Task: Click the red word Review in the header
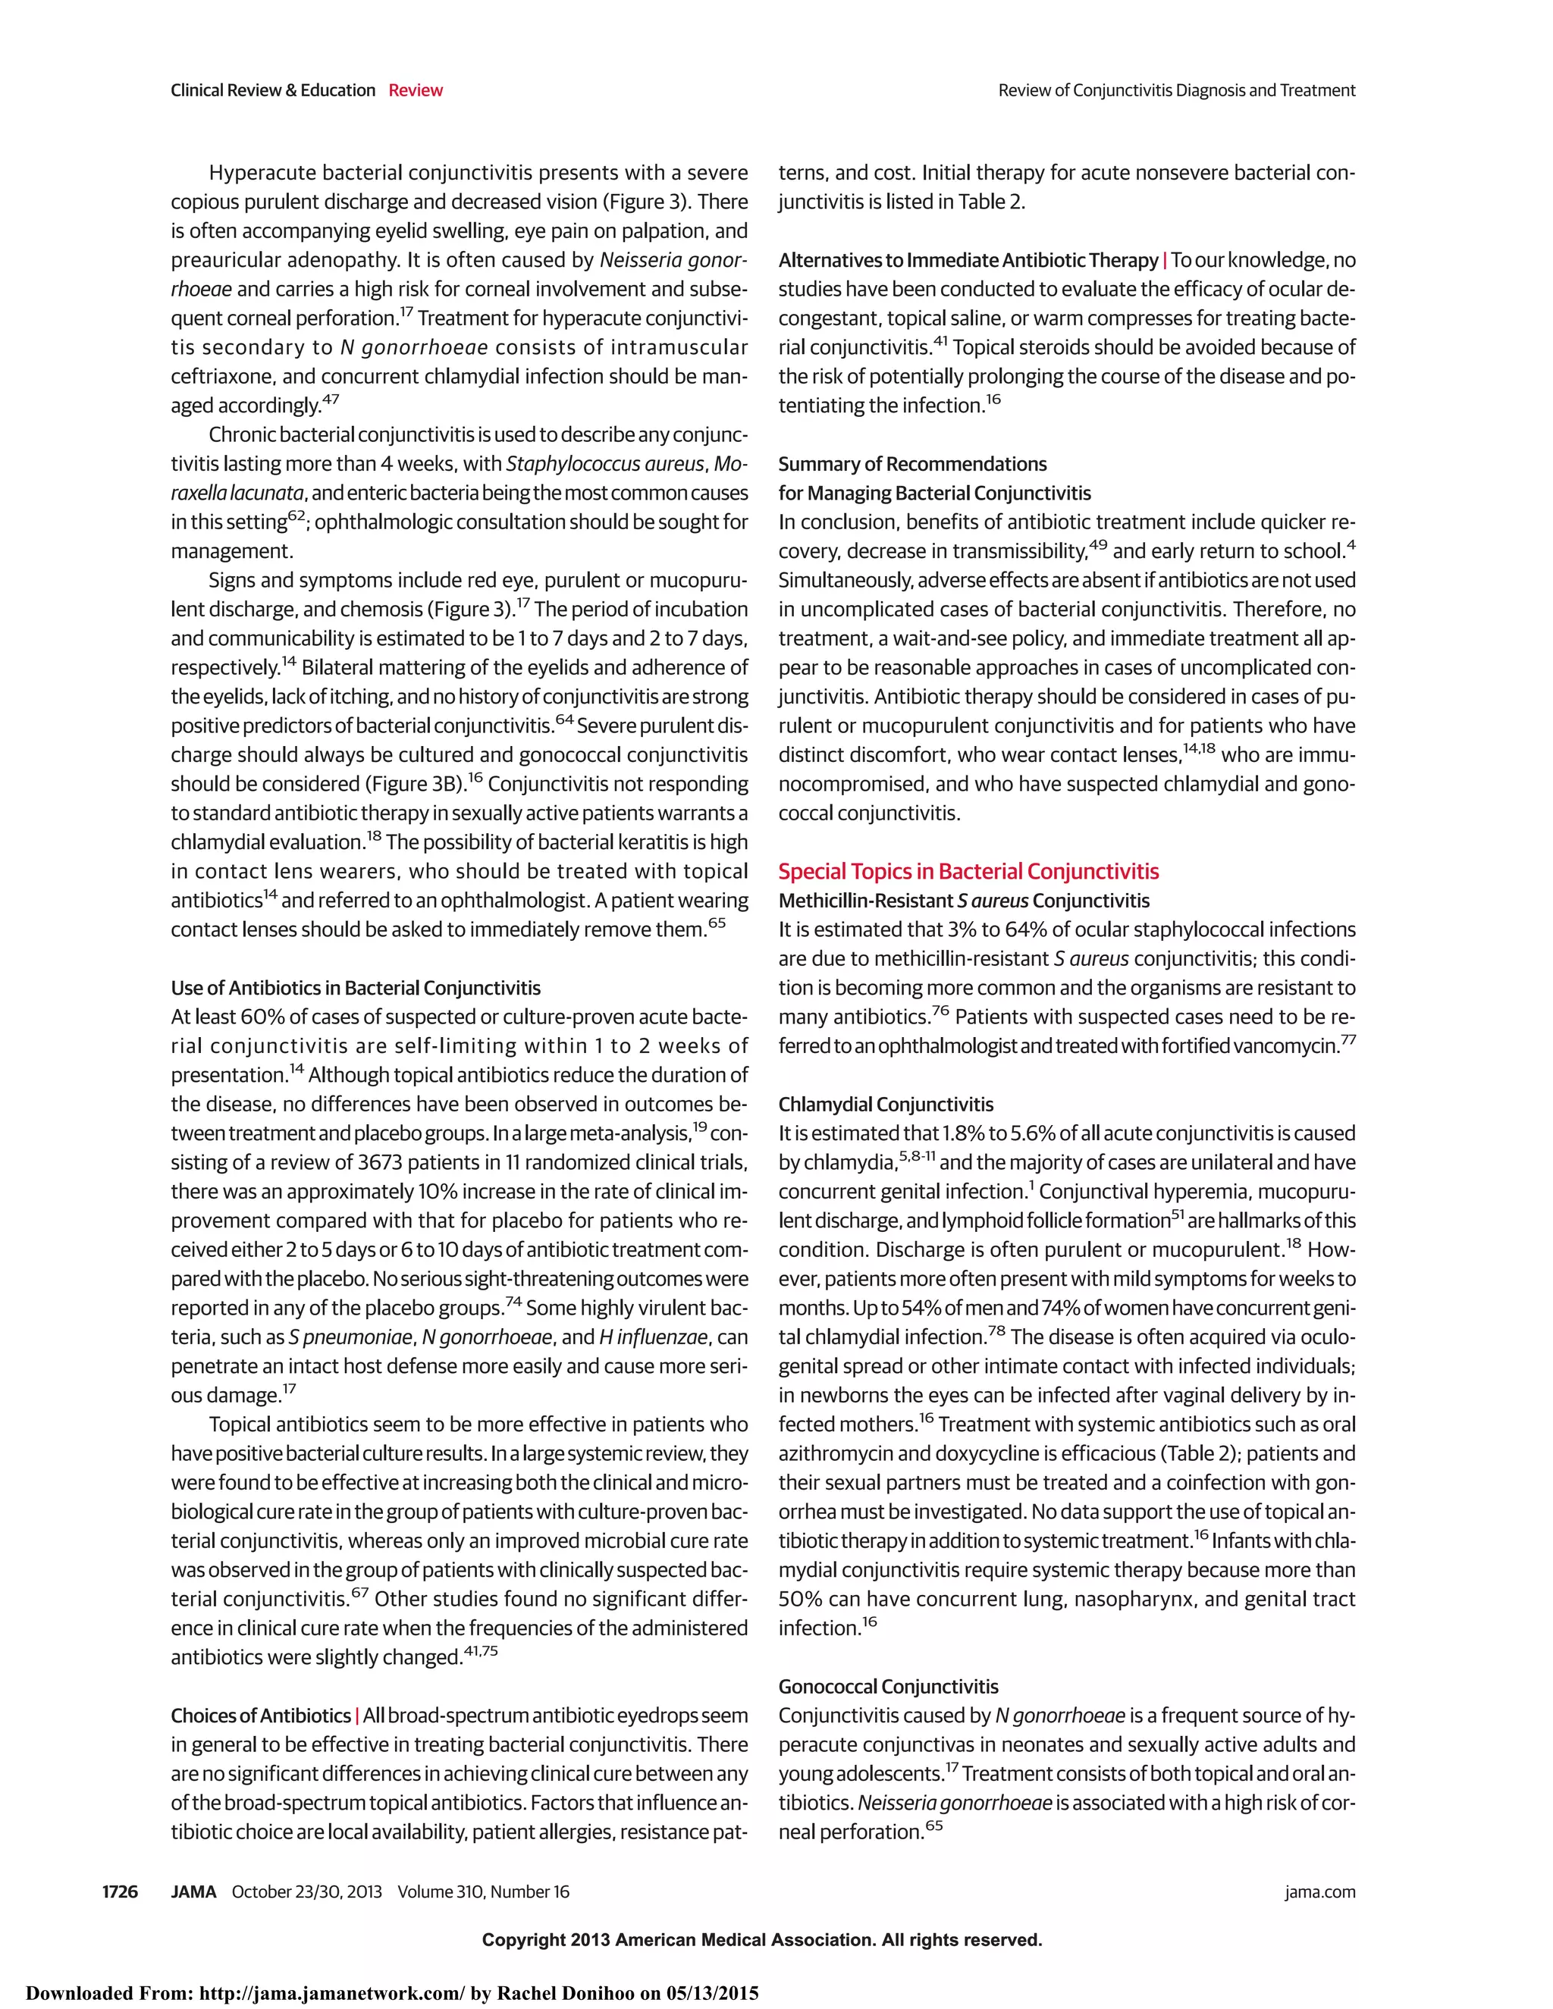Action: (x=415, y=90)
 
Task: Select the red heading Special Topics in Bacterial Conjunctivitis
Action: (x=968, y=871)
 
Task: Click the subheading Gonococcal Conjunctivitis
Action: (x=888, y=1686)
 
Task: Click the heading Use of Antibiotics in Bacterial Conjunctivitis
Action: (x=355, y=988)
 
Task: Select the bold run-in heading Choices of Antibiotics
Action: (x=260, y=1716)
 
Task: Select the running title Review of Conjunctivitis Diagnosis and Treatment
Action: (x=1176, y=90)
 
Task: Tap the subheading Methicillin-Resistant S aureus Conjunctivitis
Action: (x=963, y=901)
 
